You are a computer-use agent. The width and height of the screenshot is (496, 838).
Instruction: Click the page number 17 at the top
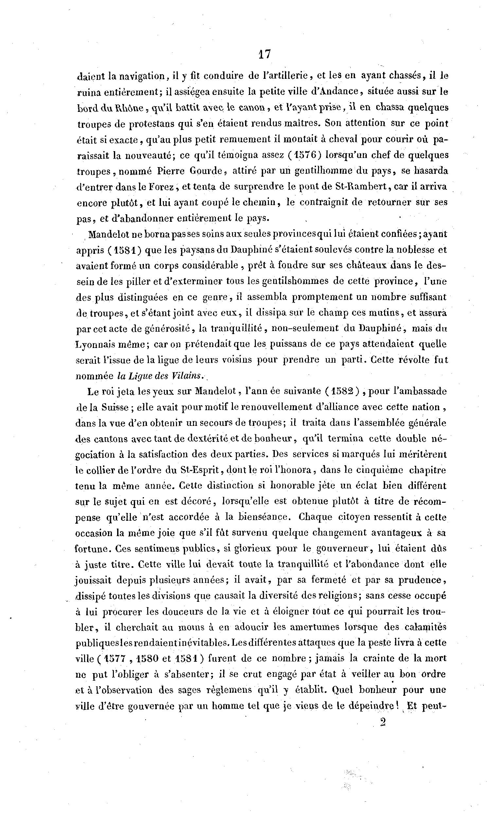pyautogui.click(x=264, y=54)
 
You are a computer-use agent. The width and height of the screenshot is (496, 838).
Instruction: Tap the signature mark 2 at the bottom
pyautogui.click(x=383, y=722)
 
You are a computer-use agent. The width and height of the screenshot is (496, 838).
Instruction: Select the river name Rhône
pyautogui.click(x=129, y=108)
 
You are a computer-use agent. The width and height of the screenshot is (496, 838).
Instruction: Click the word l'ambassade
pyautogui.click(x=417, y=391)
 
